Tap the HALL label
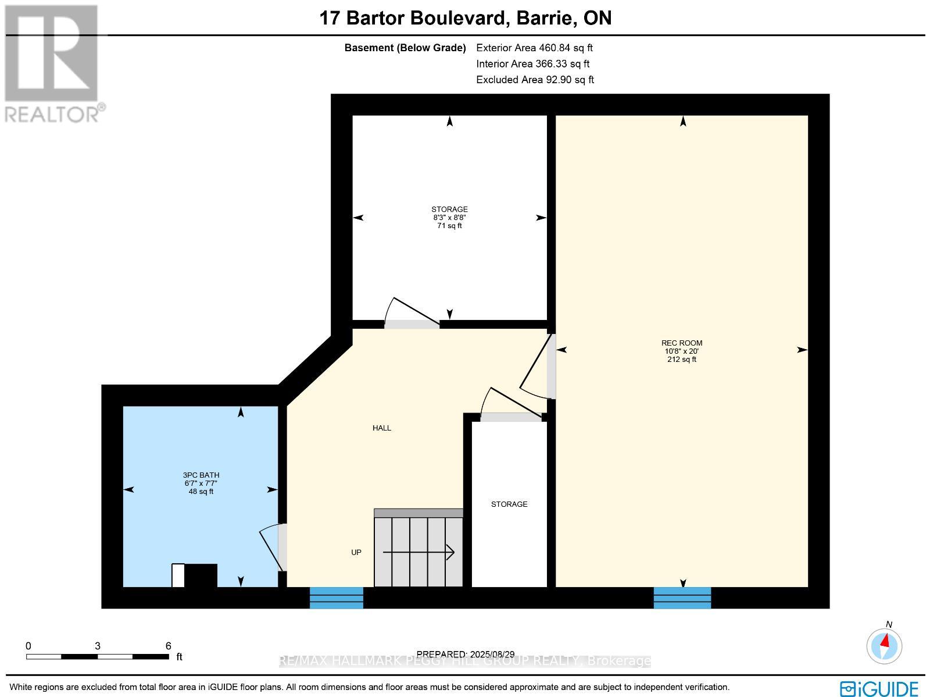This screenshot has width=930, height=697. click(382, 428)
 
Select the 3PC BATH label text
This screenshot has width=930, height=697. click(201, 475)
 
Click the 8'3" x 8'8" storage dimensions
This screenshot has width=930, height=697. click(449, 218)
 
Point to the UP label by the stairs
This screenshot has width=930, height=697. click(356, 552)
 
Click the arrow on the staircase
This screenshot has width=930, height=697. click(419, 552)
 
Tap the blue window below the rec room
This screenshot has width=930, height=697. click(682, 598)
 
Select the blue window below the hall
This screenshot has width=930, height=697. click(336, 598)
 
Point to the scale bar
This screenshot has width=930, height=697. click(98, 656)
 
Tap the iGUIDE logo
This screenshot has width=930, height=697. click(879, 689)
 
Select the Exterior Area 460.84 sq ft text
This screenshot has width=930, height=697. click(534, 48)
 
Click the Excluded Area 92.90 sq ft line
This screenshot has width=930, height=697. click(535, 80)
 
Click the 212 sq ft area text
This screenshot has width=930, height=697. click(681, 360)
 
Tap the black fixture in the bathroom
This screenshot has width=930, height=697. click(201, 575)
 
